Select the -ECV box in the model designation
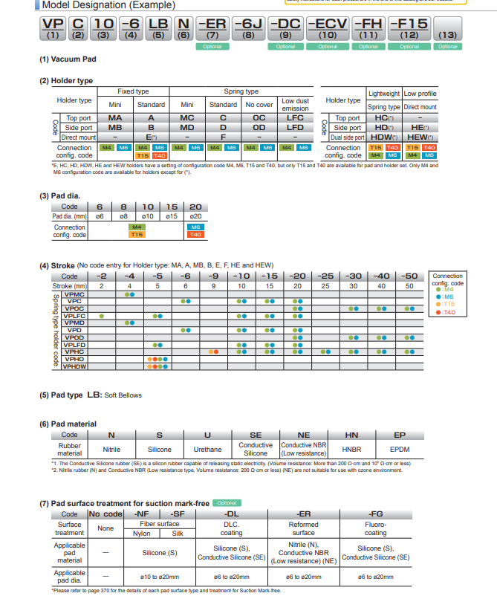tap(327, 27)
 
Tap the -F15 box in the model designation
tap(409, 27)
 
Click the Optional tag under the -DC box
tap(285, 46)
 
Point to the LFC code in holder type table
tap(295, 117)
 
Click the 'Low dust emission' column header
tap(295, 104)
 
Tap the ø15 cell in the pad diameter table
tap(171, 216)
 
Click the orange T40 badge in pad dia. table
tap(195, 234)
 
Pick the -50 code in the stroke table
tap(409, 276)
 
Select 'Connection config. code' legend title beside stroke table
tap(447, 279)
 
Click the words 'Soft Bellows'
tap(122, 395)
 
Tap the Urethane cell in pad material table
tap(207, 450)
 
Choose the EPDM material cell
tap(399, 450)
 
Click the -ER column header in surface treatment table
tap(303, 514)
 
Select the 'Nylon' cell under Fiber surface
tap(141, 534)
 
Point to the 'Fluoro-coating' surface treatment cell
tap(376, 528)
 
